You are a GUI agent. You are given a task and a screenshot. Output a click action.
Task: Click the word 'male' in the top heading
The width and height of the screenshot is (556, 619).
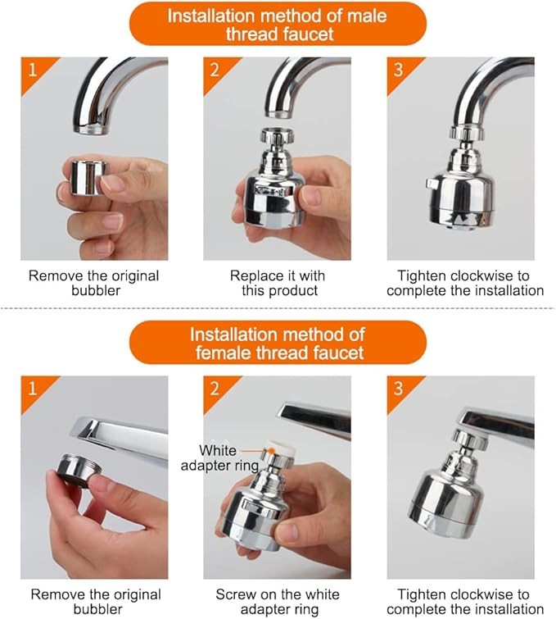point(367,16)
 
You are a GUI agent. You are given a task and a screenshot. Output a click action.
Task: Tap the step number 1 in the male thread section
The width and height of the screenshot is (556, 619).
point(32,71)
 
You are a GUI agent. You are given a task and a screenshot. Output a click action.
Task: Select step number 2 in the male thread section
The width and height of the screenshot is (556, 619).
point(215,71)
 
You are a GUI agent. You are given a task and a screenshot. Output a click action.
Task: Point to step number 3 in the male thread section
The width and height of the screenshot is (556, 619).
point(398,71)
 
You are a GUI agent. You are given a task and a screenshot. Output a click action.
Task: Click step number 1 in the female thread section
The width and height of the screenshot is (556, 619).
point(32,389)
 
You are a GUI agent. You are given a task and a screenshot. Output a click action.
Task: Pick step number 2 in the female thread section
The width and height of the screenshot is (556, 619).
point(215,389)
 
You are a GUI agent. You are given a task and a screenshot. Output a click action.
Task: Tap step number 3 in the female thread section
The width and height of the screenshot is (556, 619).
point(398,389)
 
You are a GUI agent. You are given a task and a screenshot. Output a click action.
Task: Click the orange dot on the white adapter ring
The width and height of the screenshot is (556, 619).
point(272,450)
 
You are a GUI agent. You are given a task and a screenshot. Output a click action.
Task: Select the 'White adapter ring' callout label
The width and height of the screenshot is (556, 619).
point(219,458)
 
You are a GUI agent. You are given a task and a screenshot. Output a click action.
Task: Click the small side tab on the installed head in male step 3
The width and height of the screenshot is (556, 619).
point(431,184)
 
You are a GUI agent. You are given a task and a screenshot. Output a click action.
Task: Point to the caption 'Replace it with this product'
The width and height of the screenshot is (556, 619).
point(278,283)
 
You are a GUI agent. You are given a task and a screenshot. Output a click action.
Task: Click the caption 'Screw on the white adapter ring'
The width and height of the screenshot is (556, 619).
point(278,602)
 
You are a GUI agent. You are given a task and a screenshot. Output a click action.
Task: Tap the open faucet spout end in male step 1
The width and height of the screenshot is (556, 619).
point(90,129)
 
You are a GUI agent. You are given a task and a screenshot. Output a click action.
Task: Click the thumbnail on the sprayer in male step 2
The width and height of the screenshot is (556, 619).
point(311,196)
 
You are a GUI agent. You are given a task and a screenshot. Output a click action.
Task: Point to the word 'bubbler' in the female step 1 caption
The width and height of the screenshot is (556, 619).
point(97,608)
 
